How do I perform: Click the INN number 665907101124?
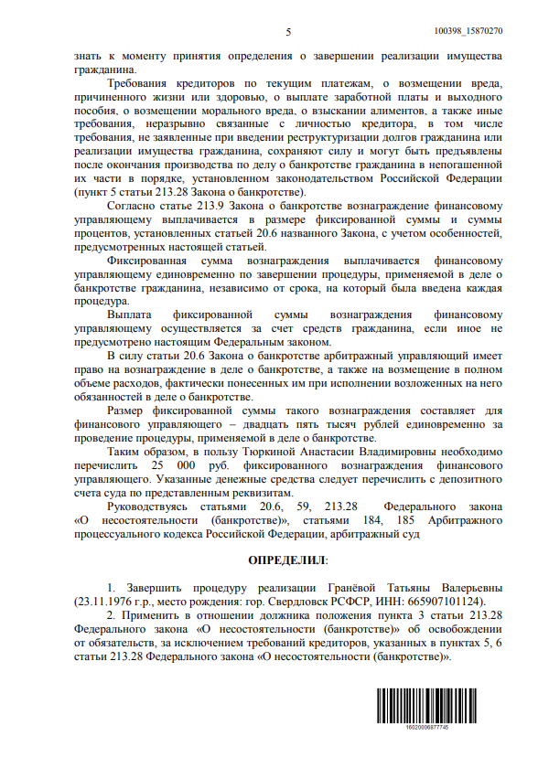click(396, 602)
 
